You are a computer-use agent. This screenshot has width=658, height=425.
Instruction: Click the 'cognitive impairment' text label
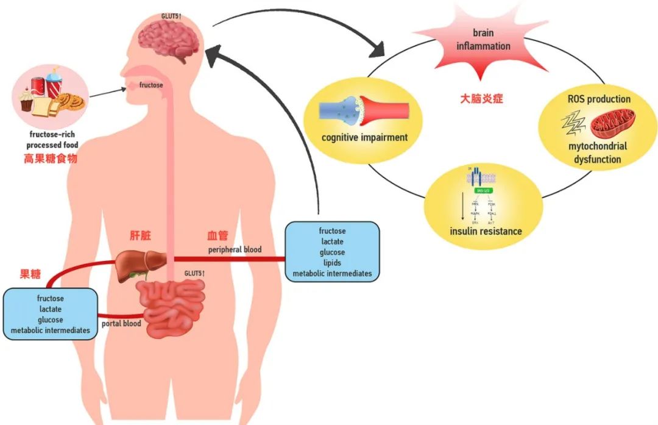pyautogui.click(x=364, y=137)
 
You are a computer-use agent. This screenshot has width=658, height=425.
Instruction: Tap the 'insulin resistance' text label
pyautogui.click(x=486, y=231)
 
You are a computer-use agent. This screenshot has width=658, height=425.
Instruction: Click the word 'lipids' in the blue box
pyautogui.click(x=332, y=263)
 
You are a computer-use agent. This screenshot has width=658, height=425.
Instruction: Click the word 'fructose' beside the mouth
pyautogui.click(x=150, y=85)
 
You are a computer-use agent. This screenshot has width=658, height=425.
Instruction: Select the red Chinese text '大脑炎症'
pyautogui.click(x=481, y=98)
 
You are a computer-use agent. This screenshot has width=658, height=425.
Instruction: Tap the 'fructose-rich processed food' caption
pyautogui.click(x=52, y=140)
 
